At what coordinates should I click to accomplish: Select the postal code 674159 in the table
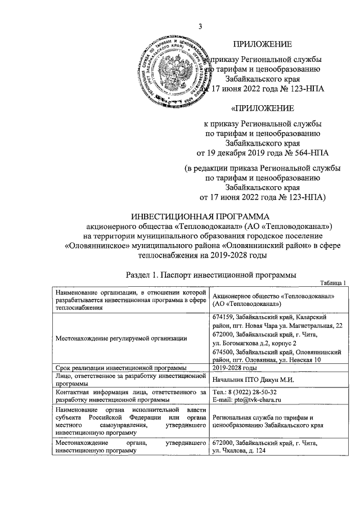coord(223,318)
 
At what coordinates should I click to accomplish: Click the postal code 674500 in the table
coord(223,350)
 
